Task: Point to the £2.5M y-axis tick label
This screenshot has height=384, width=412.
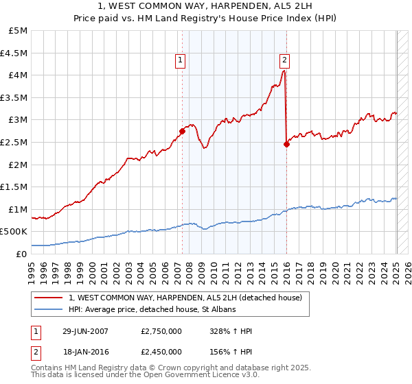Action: (14, 142)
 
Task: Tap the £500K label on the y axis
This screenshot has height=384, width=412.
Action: (14, 232)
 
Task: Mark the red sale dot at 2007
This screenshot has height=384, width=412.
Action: (182, 131)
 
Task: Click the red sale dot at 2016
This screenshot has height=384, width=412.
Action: (286, 144)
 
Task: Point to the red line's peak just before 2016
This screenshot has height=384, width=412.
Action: (284, 71)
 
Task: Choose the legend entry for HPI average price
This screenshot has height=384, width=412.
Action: (152, 310)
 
